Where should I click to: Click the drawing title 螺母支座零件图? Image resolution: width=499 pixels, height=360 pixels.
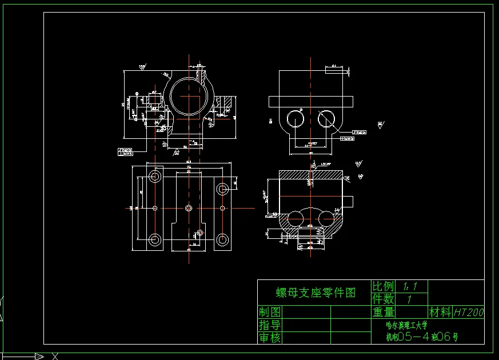316,293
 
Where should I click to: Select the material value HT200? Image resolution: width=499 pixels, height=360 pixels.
468,313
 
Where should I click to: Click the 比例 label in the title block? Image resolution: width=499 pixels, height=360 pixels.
383,286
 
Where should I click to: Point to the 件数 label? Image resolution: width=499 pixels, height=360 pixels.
383,299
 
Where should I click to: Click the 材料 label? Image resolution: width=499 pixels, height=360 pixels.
440,312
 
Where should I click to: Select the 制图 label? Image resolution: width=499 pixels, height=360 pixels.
270,312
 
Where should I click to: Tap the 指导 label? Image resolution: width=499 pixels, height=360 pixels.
270,325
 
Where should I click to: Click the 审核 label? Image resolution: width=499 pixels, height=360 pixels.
270,338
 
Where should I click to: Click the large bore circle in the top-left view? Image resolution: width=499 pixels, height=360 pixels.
189,96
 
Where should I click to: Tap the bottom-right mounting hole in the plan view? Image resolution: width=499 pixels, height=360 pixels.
222,239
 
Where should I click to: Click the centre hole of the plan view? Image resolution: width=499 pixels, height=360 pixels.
189,208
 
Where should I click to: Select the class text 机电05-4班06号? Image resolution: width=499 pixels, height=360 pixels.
421,337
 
